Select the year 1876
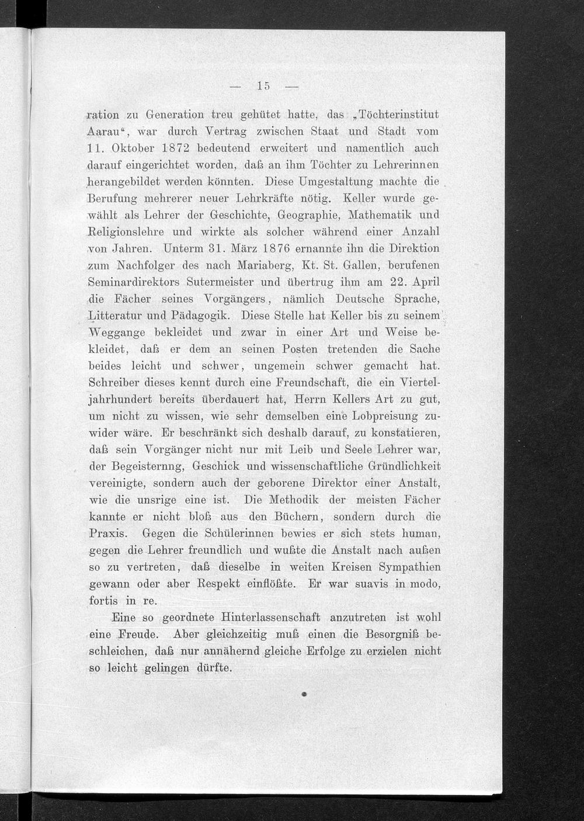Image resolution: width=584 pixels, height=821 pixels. pyautogui.click(x=270, y=249)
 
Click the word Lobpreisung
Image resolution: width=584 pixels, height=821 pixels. pyautogui.click(x=373, y=417)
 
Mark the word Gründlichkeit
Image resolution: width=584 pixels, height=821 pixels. pyautogui.click(x=405, y=467)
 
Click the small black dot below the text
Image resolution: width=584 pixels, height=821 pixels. pyautogui.click(x=305, y=695)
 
